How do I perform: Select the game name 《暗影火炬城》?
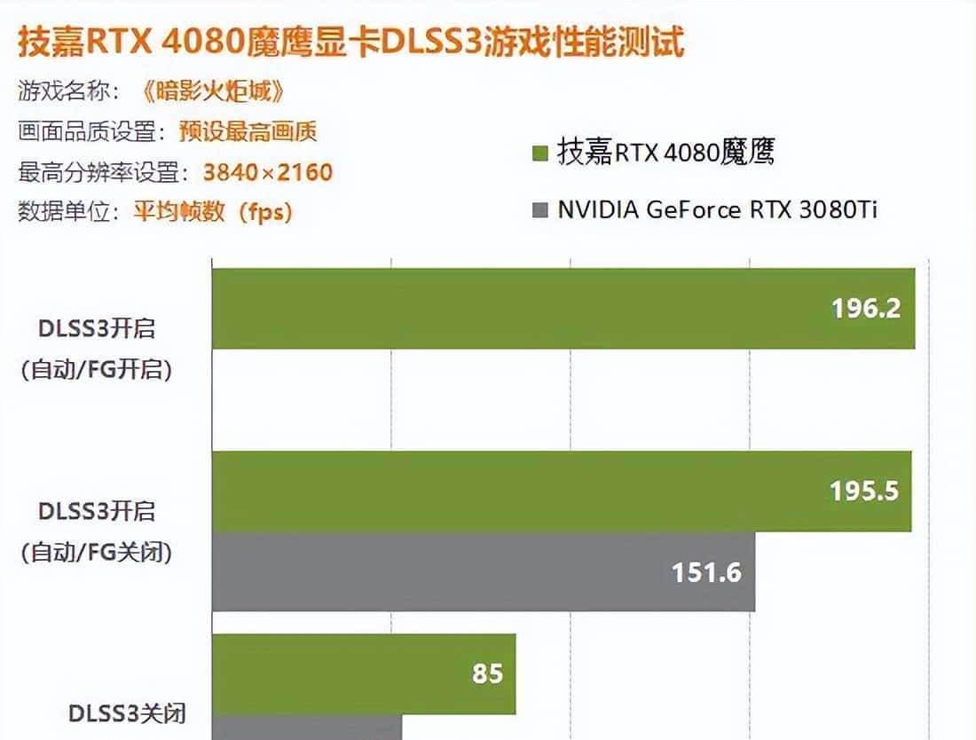[213, 91]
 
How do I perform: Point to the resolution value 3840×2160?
[267, 171]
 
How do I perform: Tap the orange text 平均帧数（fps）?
[213, 212]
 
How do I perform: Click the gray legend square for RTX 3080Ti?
[539, 210]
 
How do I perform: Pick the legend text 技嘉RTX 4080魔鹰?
[666, 153]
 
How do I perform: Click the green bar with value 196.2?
[563, 308]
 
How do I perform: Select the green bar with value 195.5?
[561, 492]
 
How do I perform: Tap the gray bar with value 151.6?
[483, 571]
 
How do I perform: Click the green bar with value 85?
[363, 673]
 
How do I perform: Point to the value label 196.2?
[866, 308]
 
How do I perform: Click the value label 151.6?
[706, 572]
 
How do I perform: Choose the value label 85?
[487, 673]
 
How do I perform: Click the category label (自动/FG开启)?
[97, 368]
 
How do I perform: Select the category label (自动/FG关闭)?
[97, 552]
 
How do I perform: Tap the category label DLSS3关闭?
[127, 712]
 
